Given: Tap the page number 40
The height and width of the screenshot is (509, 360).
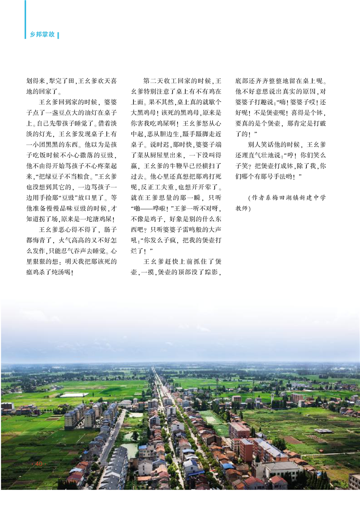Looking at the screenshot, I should click(38, 464).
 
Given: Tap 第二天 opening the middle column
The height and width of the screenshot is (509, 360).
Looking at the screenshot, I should click(153, 81).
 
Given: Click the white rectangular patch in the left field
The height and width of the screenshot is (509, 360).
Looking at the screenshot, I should click(74, 394).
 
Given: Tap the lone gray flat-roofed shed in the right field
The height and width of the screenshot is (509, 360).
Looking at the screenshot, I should click(323, 431).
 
